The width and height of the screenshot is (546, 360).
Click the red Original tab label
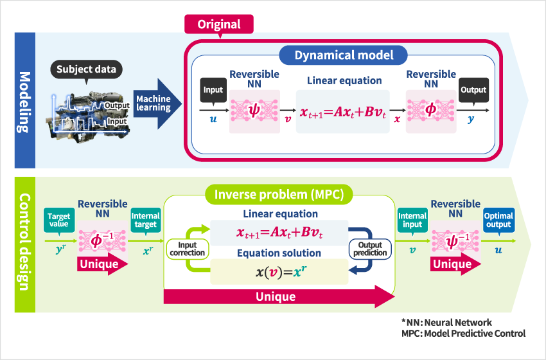(x=219, y=25)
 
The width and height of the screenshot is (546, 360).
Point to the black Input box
(x=214, y=89)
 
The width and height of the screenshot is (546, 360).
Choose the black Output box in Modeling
(x=473, y=89)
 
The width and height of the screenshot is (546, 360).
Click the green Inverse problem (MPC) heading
(x=279, y=192)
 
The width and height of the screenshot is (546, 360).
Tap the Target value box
(x=58, y=221)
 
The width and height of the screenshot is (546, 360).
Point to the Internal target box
(x=145, y=221)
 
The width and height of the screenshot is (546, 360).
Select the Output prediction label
(x=370, y=248)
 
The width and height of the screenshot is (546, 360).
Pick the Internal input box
(x=412, y=221)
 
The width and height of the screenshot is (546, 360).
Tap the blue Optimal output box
(x=498, y=221)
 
